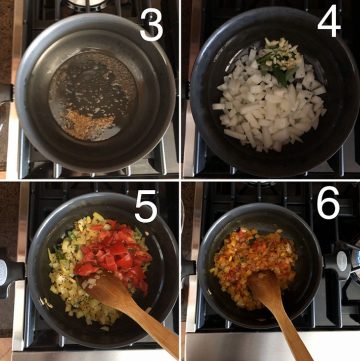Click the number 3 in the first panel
click(150, 27)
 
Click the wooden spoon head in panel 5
click(107, 291)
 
